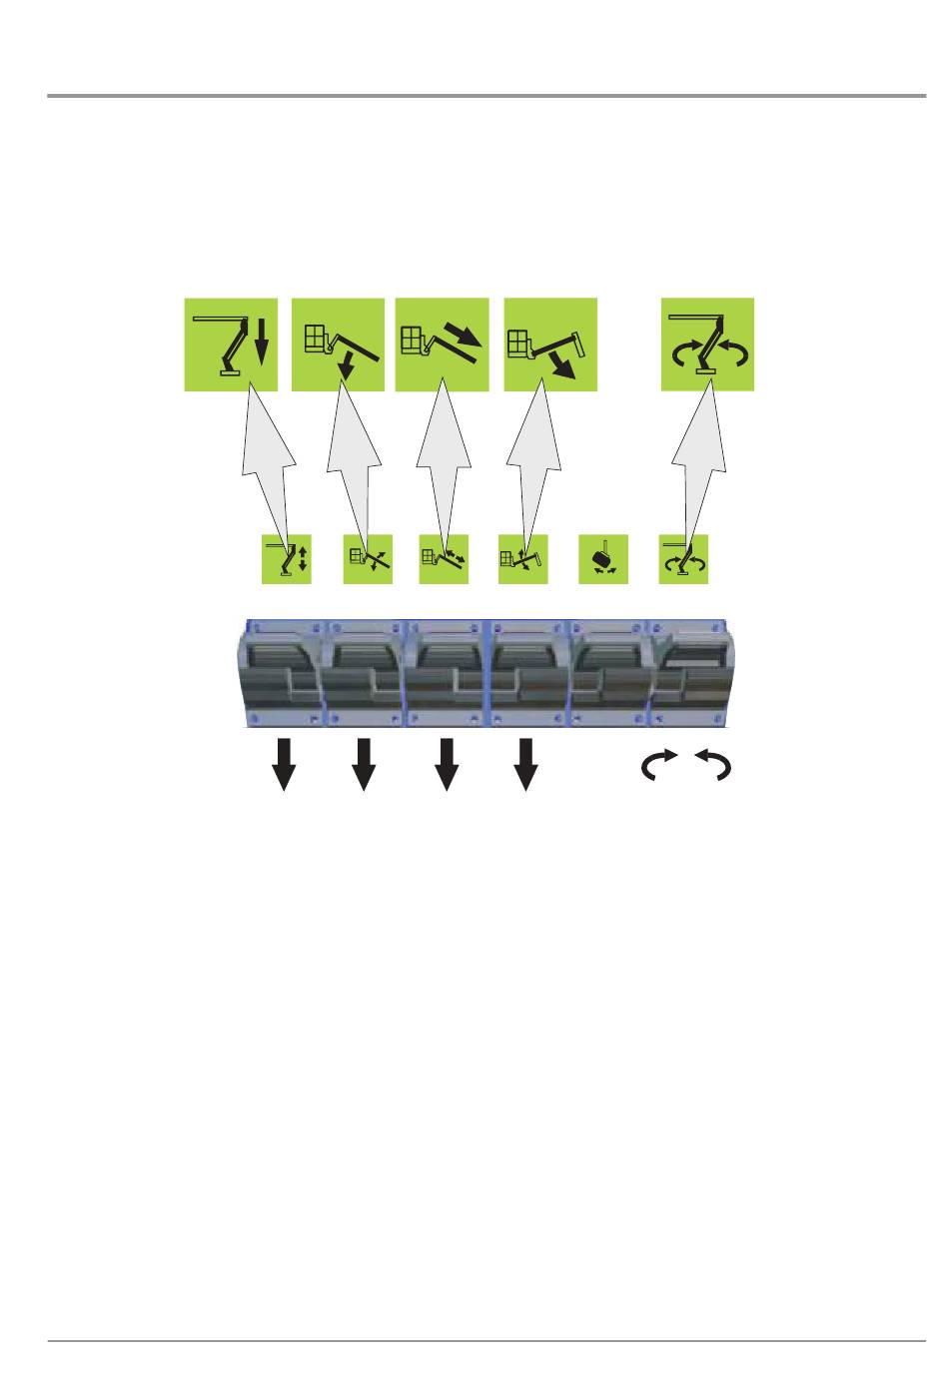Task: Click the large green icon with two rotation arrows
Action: [707, 344]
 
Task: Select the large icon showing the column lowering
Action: [231, 344]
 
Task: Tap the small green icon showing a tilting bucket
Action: [603, 560]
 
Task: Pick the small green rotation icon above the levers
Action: [684, 560]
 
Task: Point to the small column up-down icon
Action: [287, 560]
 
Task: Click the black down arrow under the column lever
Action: [285, 764]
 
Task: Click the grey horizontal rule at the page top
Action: [486, 97]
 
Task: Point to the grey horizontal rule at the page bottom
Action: [486, 1341]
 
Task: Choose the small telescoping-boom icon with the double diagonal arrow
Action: [444, 560]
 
